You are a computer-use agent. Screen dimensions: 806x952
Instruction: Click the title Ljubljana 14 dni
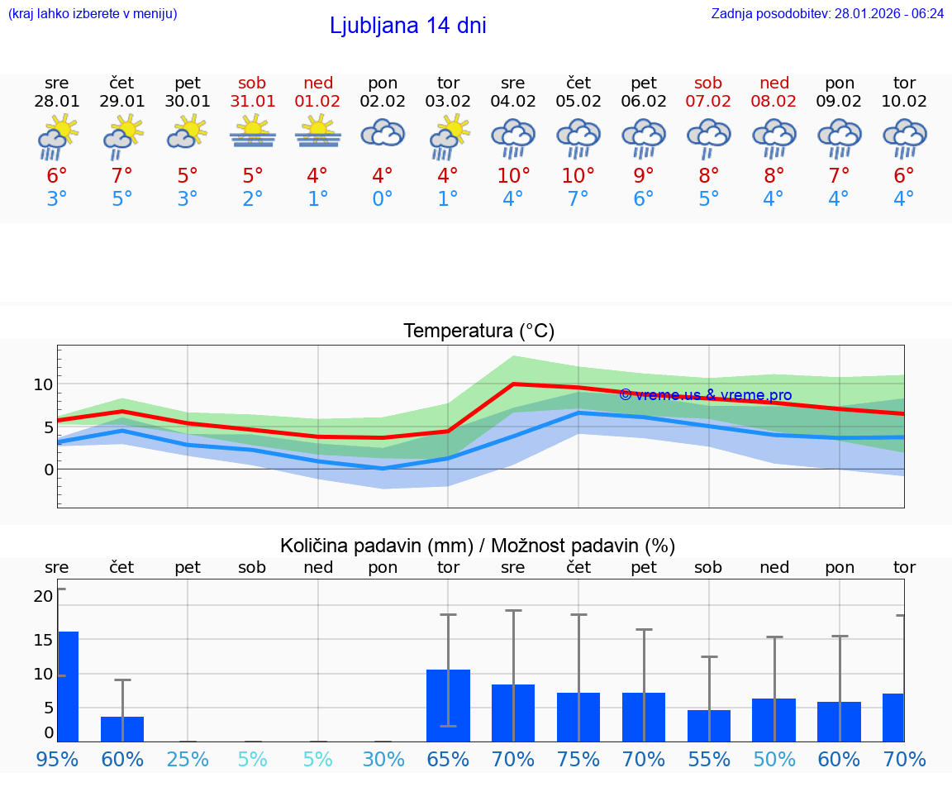click(407, 26)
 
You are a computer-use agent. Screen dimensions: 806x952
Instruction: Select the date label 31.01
click(253, 102)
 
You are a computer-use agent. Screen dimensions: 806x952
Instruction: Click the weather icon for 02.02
click(383, 134)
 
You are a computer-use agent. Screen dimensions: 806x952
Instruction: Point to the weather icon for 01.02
click(318, 134)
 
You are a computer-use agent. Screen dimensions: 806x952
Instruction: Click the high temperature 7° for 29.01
click(122, 176)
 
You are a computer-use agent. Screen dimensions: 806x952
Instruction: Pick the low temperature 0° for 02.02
click(383, 199)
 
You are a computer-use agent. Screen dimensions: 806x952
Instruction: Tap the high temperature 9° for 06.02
click(644, 176)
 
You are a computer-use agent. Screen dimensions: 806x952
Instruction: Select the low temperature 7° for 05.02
click(578, 199)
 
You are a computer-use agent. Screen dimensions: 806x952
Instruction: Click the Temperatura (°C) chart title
click(478, 331)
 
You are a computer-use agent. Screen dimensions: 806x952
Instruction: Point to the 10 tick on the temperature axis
click(44, 384)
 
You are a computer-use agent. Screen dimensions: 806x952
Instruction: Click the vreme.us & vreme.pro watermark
click(705, 395)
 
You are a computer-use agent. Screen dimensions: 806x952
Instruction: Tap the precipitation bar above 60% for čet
click(122, 728)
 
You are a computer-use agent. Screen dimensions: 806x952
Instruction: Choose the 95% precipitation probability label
click(57, 760)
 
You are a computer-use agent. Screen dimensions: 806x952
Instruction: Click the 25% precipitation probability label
click(188, 760)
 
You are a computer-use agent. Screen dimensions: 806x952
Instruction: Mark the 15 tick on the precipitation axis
click(44, 640)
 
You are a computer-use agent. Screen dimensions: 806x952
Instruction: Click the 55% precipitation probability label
click(709, 760)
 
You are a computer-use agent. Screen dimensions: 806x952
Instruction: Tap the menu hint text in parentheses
click(93, 14)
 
